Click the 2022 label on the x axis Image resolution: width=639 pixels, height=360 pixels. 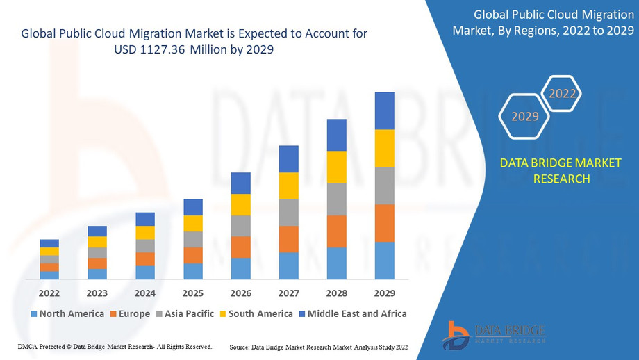coord(49,293)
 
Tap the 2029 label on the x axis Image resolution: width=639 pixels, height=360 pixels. coord(384,293)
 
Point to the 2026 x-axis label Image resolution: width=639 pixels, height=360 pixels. coord(240,293)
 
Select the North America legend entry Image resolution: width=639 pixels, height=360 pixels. coord(67,313)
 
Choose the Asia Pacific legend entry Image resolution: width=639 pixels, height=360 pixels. coord(185,313)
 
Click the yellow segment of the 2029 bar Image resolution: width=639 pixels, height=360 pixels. coord(384,148)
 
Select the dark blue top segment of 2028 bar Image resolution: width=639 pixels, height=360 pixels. coord(336,135)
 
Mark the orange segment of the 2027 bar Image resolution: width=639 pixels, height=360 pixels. coord(288,239)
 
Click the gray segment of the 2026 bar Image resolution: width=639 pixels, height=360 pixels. coord(240,226)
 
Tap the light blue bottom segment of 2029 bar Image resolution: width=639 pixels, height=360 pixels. coord(384,261)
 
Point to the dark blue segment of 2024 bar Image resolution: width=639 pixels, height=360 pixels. coord(145,219)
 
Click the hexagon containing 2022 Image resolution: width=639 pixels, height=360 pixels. coord(562,94)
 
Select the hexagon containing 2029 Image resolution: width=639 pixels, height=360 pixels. coord(525,116)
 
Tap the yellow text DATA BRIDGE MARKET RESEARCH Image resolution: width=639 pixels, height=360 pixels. coord(561,171)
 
